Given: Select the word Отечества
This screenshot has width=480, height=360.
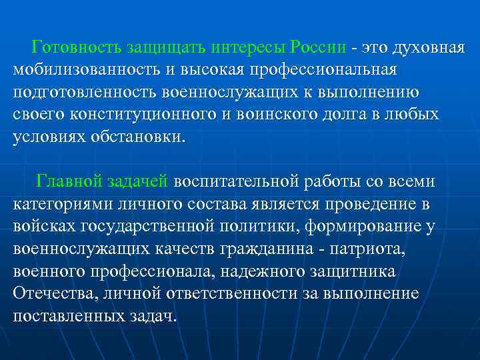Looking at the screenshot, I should [x=55, y=293].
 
